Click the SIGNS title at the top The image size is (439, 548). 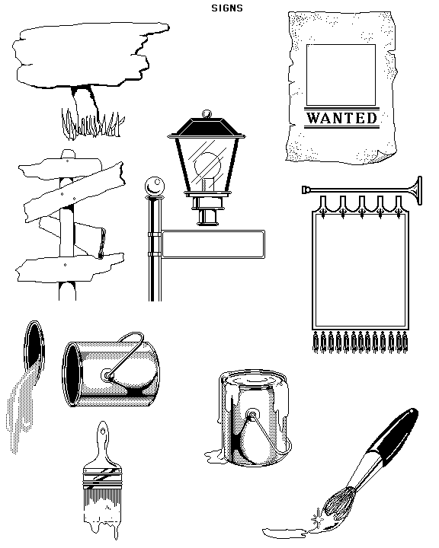[227, 8]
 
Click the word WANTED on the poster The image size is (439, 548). [341, 118]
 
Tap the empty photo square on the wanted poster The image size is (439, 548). [341, 75]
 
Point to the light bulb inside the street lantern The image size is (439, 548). [207, 166]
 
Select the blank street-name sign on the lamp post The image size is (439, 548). [213, 244]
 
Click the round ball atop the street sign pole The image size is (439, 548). [155, 186]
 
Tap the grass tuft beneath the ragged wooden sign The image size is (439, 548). [92, 123]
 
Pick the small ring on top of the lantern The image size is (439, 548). [207, 114]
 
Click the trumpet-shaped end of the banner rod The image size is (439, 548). [416, 190]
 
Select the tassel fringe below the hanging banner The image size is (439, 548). [360, 342]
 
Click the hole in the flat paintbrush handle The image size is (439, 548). [102, 432]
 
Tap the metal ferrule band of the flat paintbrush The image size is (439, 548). [102, 477]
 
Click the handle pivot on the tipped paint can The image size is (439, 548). [107, 377]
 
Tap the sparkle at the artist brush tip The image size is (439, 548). [317, 519]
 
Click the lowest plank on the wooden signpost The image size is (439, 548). [69, 267]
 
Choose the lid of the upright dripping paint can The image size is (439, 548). [254, 378]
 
